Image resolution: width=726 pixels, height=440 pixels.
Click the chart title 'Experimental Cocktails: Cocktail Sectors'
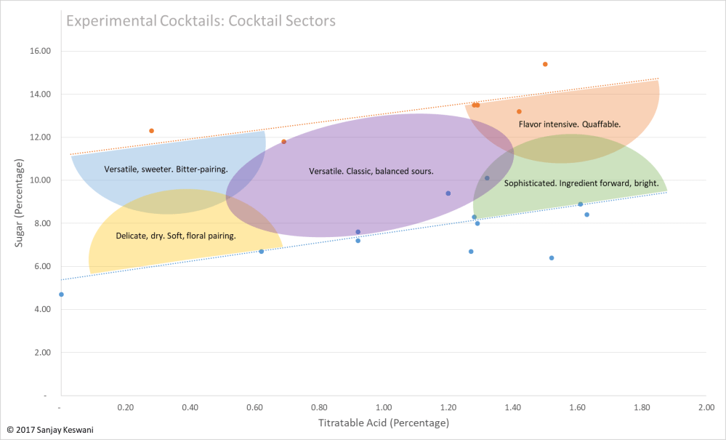[x=201, y=20]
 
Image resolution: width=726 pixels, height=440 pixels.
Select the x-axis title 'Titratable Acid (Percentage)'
[x=383, y=423]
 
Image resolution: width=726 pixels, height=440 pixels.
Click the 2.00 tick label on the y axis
[x=41, y=353]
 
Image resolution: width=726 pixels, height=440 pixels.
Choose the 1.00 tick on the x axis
[x=384, y=408]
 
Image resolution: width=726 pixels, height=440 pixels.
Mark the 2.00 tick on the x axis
[x=706, y=408]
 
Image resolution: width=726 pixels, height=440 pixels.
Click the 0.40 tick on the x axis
[x=190, y=408]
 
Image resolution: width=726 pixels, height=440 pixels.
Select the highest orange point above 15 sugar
[x=545, y=64]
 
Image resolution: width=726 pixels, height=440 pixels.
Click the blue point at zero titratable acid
[x=61, y=295]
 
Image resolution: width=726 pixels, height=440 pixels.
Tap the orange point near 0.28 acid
[x=151, y=131]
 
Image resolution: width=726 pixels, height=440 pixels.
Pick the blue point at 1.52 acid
[x=552, y=258]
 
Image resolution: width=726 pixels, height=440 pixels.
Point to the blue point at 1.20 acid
[x=448, y=193]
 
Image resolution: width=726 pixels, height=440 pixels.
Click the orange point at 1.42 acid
[x=519, y=111]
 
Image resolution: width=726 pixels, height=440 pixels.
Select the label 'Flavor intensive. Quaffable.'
[x=569, y=124]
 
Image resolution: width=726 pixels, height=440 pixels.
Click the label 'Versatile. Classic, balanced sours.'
[x=371, y=172]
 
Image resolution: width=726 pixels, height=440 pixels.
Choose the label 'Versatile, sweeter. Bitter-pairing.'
[x=166, y=169]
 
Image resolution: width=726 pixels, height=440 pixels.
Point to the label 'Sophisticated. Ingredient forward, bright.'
[x=581, y=184]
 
